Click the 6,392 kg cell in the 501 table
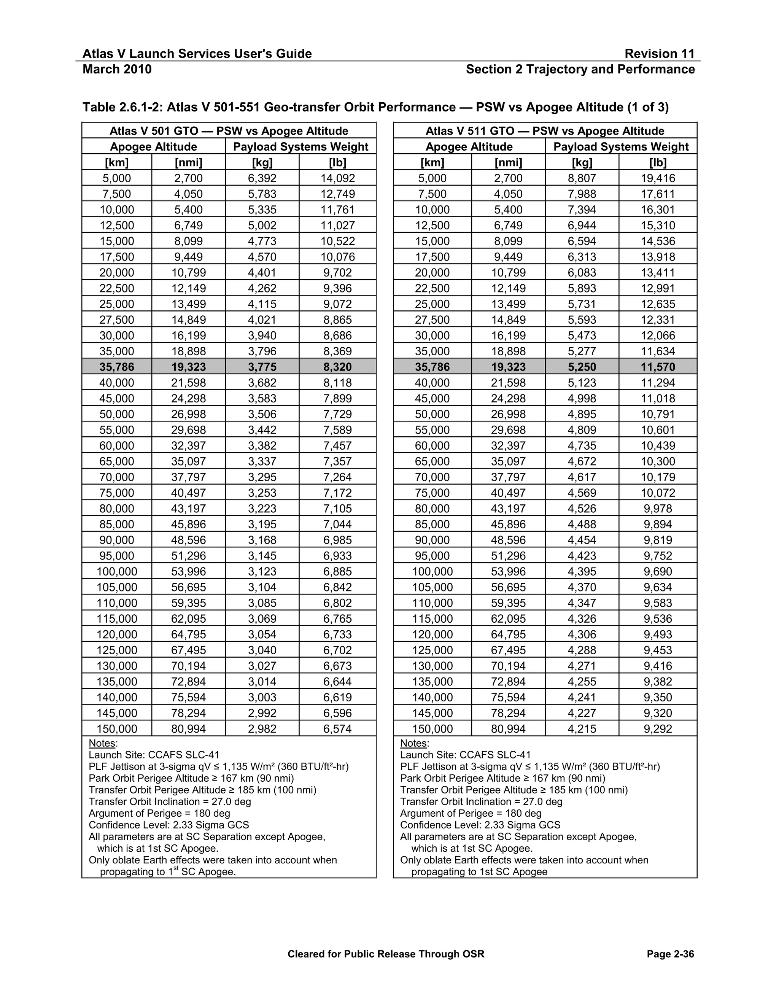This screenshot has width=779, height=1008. (x=262, y=178)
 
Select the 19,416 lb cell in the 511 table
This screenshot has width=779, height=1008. (x=658, y=178)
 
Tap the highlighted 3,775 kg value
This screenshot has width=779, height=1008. (x=262, y=367)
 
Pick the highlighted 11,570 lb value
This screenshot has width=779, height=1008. (x=658, y=367)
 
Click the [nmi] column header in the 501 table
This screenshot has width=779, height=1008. (x=188, y=162)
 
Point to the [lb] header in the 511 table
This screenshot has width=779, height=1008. (x=658, y=162)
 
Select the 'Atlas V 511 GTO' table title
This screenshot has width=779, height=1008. (x=545, y=131)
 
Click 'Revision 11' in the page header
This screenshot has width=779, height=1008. (x=659, y=54)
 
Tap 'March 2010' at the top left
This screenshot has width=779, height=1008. (x=117, y=69)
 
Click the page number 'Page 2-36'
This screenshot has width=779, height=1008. (x=670, y=954)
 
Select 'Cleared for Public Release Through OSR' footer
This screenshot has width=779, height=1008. (x=386, y=954)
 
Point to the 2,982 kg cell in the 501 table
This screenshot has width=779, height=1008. (x=262, y=729)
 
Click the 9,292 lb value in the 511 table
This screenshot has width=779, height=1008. (x=658, y=729)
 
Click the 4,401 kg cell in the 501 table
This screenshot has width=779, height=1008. (x=262, y=272)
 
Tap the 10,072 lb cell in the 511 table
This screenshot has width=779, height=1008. (x=658, y=493)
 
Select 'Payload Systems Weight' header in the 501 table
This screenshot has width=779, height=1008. (x=300, y=147)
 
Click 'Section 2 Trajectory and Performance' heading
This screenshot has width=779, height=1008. (x=580, y=69)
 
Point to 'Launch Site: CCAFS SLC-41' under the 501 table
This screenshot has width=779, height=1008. (x=154, y=755)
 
